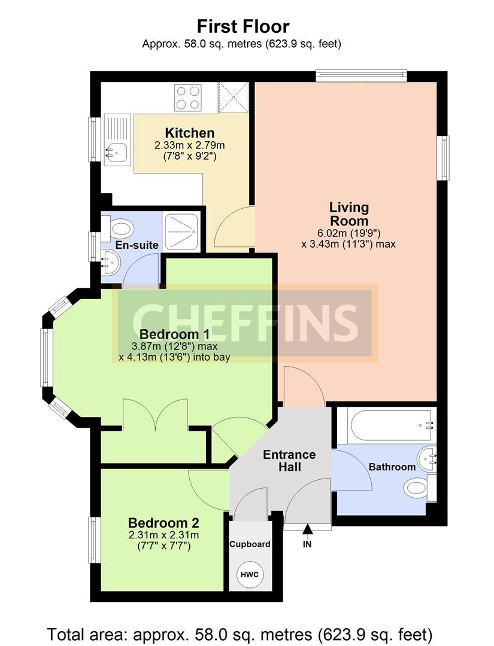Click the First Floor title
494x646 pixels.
coord(243,26)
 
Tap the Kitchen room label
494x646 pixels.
coord(190,133)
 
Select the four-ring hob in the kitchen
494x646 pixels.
coord(188,97)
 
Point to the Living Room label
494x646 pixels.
coord(349,214)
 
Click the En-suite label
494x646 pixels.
coord(137,245)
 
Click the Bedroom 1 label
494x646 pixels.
coord(174,334)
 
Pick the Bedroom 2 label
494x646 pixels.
coord(163,523)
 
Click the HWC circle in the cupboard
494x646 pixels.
coord(250,574)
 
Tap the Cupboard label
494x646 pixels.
coord(250,544)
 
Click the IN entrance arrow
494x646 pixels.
coord(307,529)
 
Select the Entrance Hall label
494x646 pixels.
coord(289,461)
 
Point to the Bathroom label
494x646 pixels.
coord(392,467)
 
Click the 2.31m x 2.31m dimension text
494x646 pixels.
coord(163,535)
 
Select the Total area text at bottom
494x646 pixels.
coord(240,634)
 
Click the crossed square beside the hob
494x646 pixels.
coord(234,97)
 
